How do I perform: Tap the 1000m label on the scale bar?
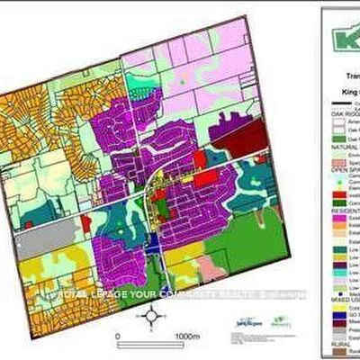point(187,337)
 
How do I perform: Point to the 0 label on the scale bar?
point(118,337)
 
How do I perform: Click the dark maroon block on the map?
point(251,137)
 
